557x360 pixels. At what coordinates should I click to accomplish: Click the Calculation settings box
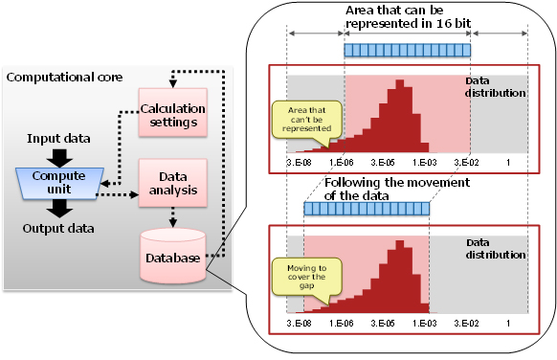click(x=172, y=114)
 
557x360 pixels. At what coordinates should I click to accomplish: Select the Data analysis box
click(x=172, y=183)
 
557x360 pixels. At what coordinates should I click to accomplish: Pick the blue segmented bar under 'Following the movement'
click(x=367, y=207)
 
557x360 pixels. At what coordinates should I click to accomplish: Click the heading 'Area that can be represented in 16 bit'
click(x=408, y=17)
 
